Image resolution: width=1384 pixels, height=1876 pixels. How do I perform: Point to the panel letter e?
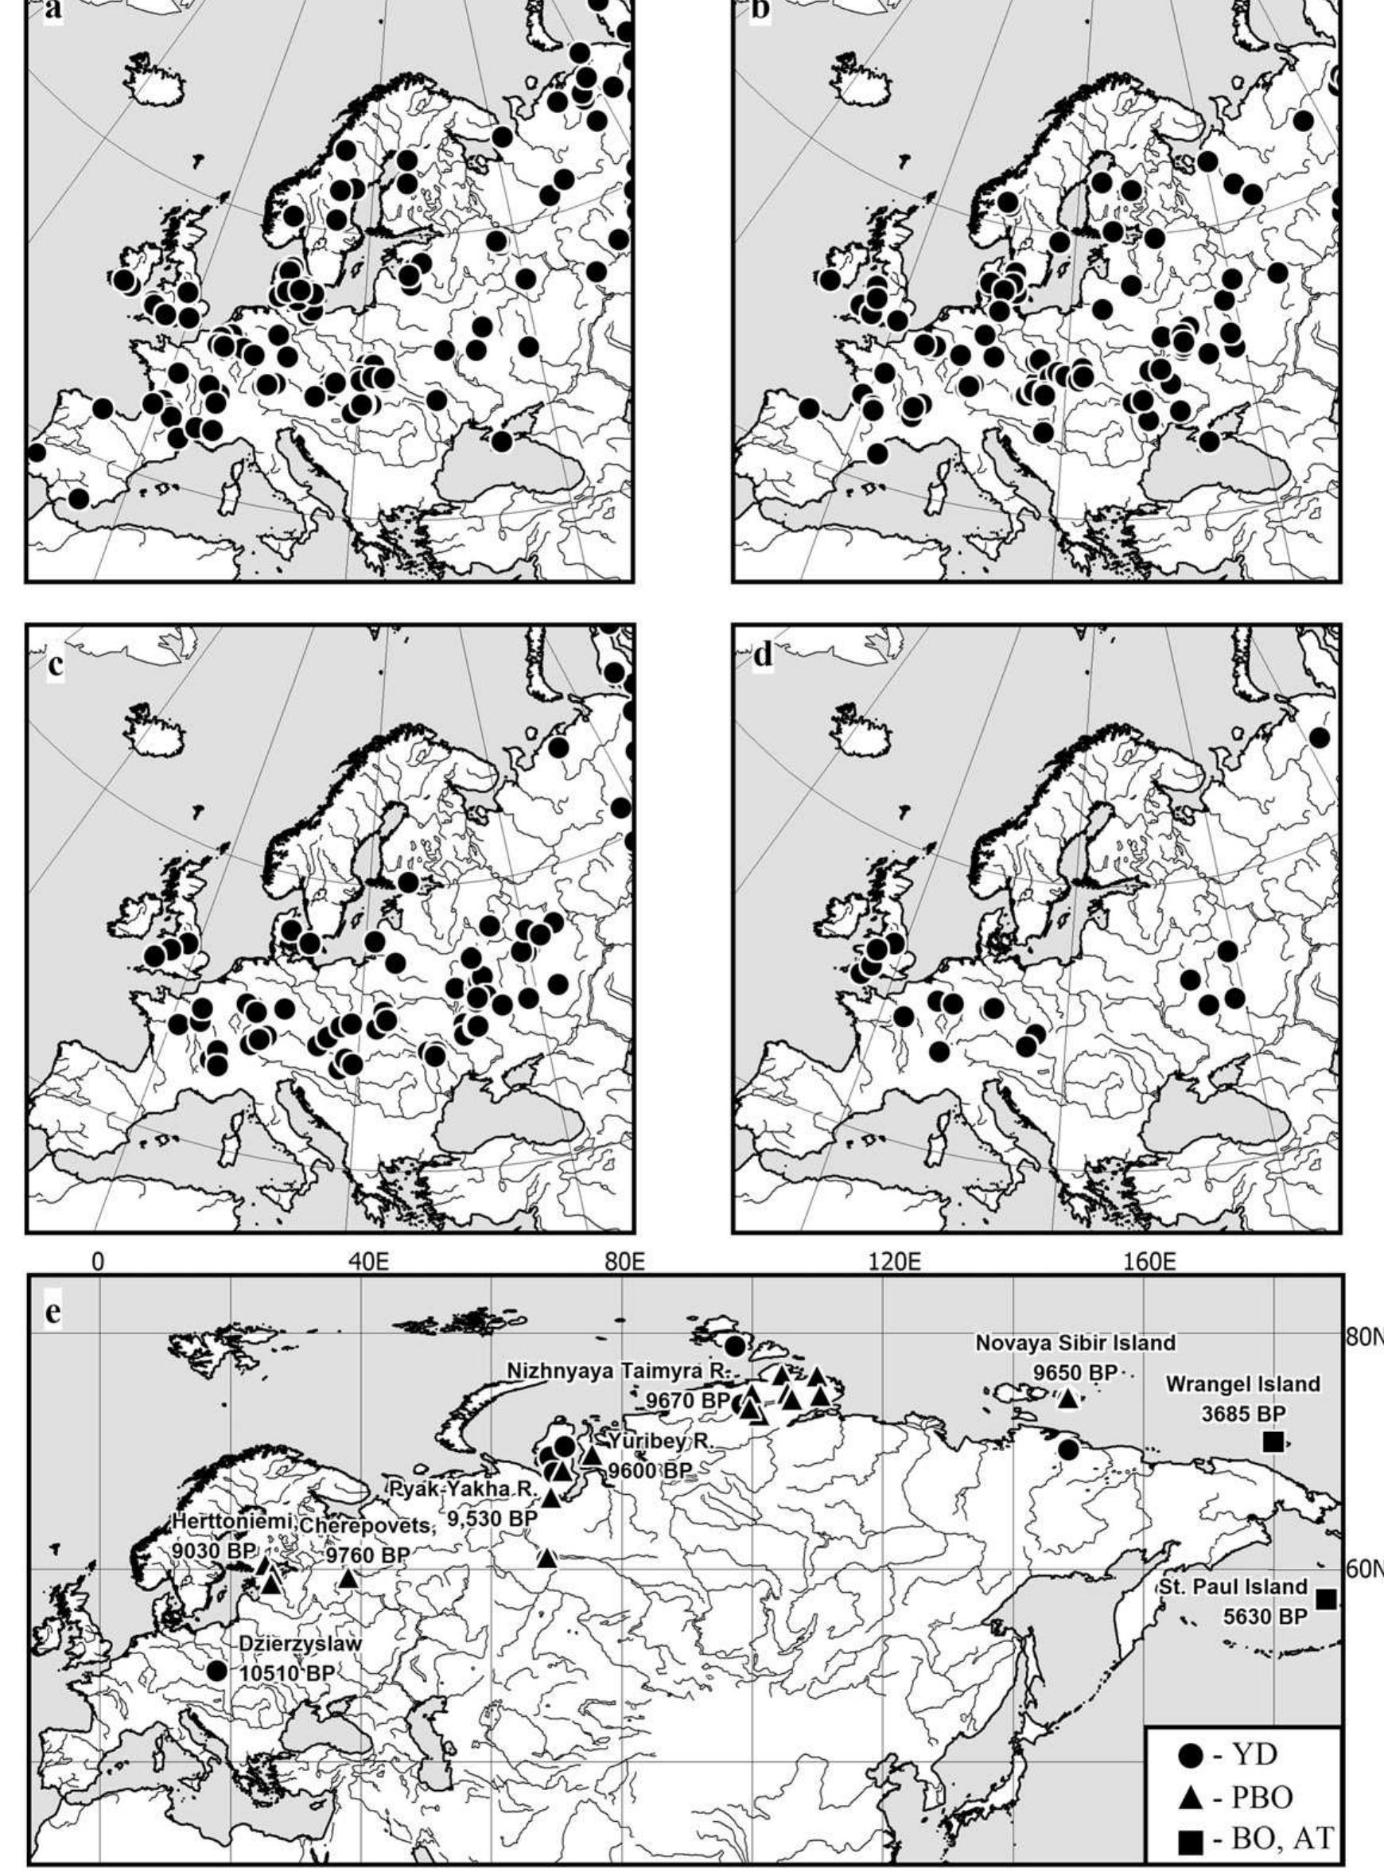(52, 1313)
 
